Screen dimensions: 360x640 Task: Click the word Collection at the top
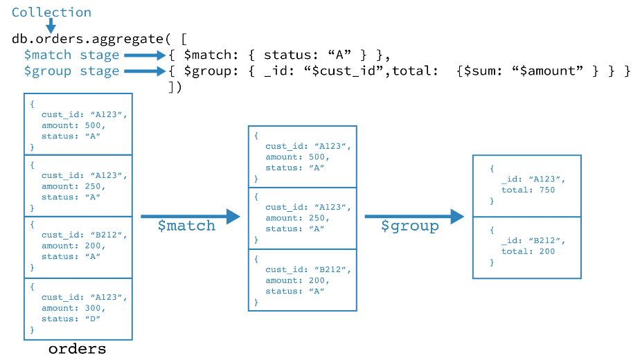coord(51,12)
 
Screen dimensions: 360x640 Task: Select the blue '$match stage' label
coord(71,55)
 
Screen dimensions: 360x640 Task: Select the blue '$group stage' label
coord(71,71)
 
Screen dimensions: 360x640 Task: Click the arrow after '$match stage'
coord(145,55)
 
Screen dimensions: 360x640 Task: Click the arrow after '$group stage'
coord(145,71)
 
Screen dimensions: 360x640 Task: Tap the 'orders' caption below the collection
coord(78,349)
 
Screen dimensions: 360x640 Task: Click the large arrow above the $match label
coord(190,217)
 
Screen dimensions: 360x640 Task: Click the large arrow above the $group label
coord(414,217)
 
